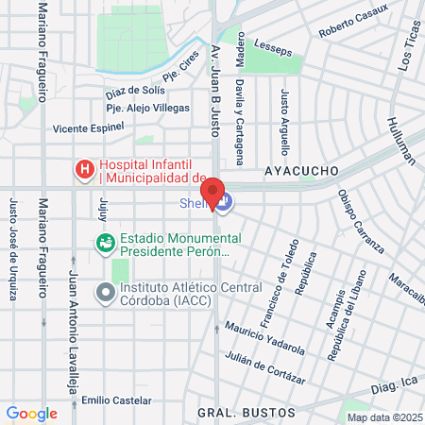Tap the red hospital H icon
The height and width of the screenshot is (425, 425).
pyautogui.click(x=85, y=170)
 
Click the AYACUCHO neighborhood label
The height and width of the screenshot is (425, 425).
pyautogui.click(x=301, y=171)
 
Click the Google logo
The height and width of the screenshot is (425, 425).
pyautogui.click(x=31, y=413)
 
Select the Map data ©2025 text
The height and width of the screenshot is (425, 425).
pyautogui.click(x=384, y=417)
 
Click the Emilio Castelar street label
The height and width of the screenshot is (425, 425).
pyautogui.click(x=115, y=400)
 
